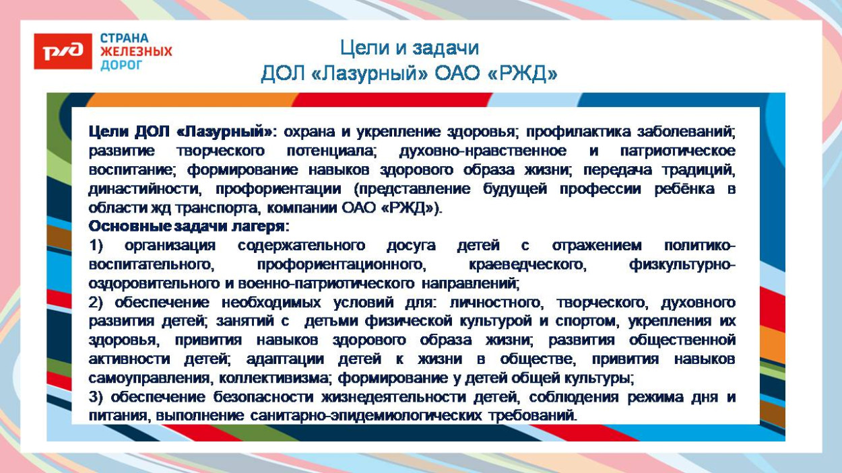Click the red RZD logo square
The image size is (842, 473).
click(x=63, y=51)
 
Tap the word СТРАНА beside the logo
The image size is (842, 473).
click(x=125, y=38)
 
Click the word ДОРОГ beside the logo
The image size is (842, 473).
click(x=121, y=65)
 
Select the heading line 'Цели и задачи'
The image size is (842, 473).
click(x=409, y=48)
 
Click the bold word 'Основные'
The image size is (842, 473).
click(x=122, y=227)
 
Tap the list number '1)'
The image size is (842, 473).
click(x=96, y=246)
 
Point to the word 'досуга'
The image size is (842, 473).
click(x=411, y=246)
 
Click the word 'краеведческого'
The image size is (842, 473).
click(x=527, y=264)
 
